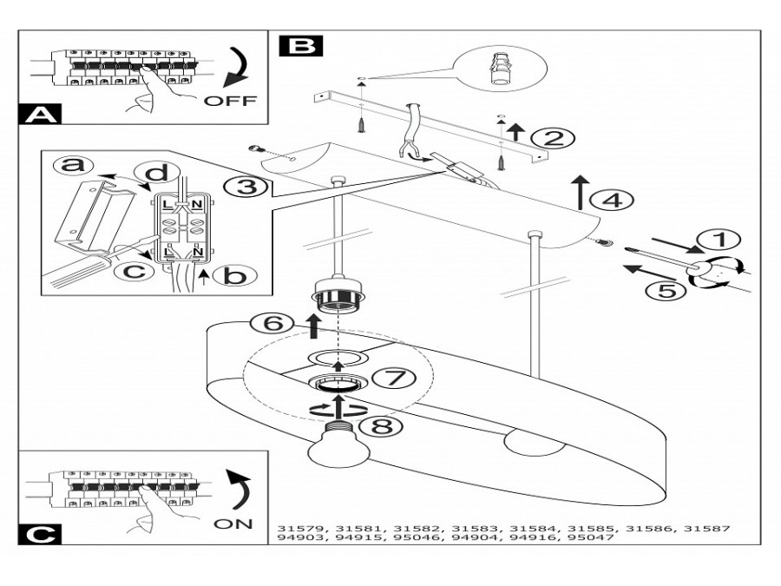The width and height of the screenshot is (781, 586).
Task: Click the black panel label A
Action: pos(40,114)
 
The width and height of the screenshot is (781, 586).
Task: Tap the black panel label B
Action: pos(301,45)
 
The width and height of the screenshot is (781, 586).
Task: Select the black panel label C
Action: pos(40,535)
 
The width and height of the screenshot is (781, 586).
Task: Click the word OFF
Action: pos(230,101)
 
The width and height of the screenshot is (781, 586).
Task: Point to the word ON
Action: pos(233,523)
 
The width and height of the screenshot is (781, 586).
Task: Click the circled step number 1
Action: pos(719,240)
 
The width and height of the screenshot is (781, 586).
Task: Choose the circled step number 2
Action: pos(553,137)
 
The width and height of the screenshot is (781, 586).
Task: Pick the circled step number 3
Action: pos(247,188)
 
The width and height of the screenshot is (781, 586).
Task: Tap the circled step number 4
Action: pos(612,201)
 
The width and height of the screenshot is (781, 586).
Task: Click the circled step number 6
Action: pos(272,325)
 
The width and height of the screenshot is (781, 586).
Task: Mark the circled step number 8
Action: pos(380,426)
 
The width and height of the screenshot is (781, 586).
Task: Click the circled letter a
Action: pos(75,164)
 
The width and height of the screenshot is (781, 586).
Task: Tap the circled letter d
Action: pos(157,173)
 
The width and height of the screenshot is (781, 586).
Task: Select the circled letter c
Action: pos(135,271)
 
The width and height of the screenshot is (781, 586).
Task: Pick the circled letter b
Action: pos(234,275)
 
